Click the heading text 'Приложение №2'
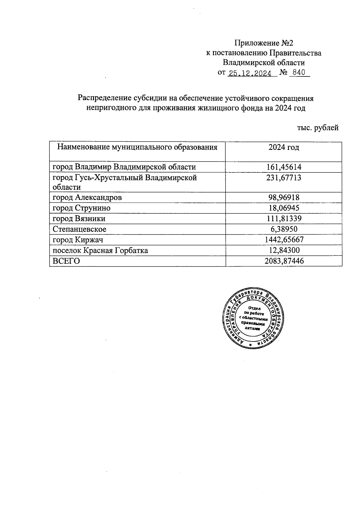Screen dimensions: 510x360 (x=263, y=43)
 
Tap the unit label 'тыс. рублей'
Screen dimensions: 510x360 (x=318, y=128)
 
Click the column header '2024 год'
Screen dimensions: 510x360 (x=283, y=148)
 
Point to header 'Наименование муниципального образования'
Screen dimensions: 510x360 (x=137, y=148)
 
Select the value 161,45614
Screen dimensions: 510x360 (x=283, y=167)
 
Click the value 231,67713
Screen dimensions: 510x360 (x=283, y=178)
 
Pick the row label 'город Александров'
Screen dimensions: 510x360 (x=87, y=198)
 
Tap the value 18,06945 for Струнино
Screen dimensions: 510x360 (x=283, y=208)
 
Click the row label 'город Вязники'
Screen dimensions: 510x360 (x=79, y=219)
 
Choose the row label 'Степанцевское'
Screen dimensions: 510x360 (x=79, y=229)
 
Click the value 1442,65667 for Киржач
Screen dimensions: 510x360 (x=283, y=240)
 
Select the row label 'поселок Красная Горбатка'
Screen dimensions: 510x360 (x=100, y=251)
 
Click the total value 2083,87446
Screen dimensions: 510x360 (x=283, y=261)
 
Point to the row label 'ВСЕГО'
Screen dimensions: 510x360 (x=66, y=261)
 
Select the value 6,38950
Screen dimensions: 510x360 (x=283, y=229)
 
